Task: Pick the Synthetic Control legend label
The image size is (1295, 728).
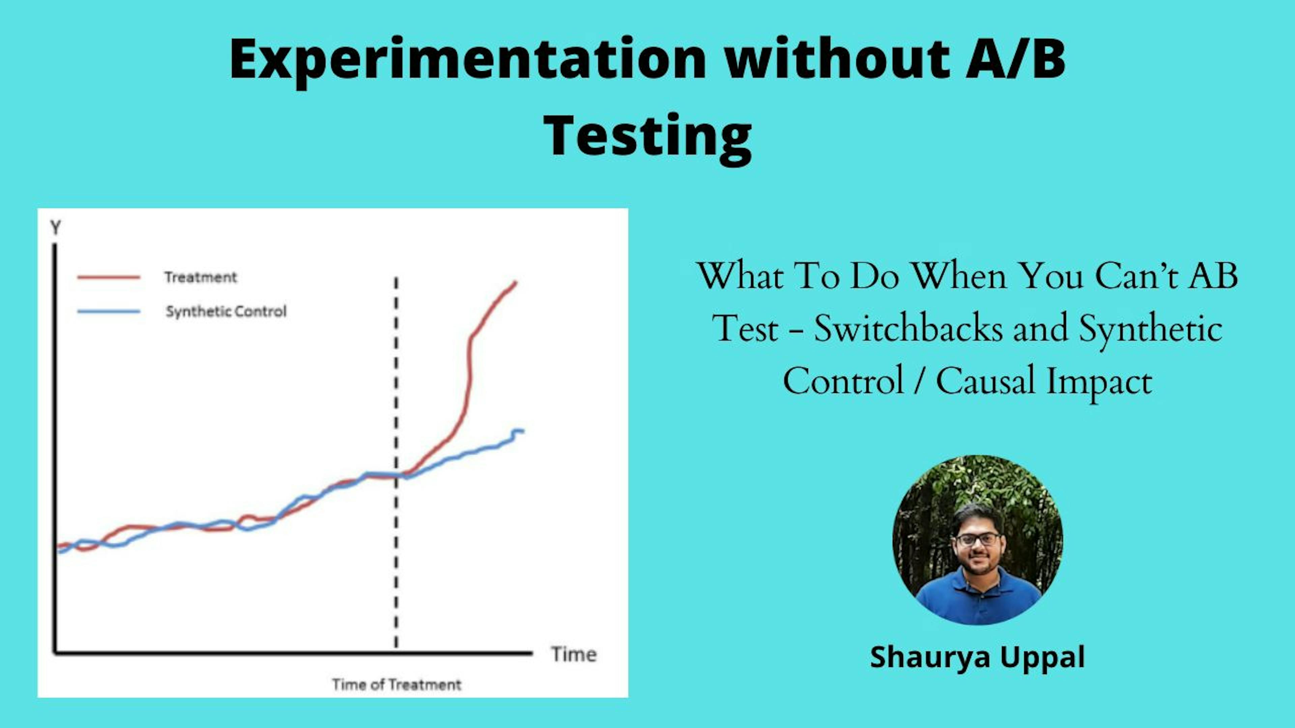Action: (226, 311)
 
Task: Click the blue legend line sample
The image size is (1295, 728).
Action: (109, 311)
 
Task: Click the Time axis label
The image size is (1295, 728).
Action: (574, 655)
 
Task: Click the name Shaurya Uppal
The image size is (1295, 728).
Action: (977, 657)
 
